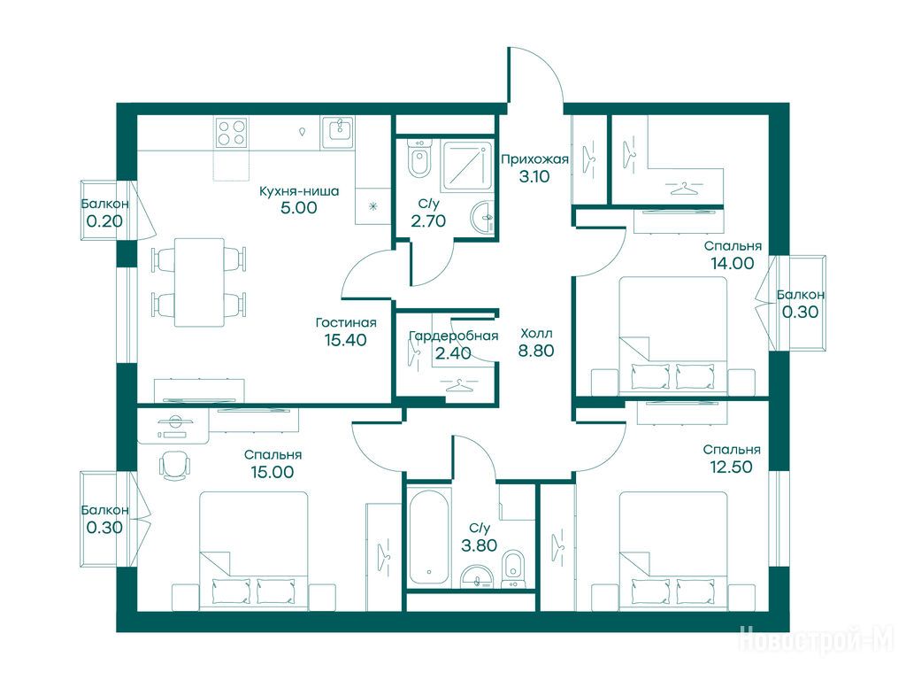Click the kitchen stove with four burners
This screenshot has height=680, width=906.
(232, 133)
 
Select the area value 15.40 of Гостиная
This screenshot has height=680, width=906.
(346, 340)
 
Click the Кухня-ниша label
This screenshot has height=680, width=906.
(299, 191)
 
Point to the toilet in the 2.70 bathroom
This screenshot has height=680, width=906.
(418, 158)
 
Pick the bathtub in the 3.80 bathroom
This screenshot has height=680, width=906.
(429, 536)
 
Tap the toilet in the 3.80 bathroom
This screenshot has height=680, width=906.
(512, 568)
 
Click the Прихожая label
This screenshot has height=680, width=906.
(534, 159)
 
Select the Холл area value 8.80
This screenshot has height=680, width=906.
(536, 351)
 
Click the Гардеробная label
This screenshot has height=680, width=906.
(453, 336)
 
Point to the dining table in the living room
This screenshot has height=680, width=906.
(199, 282)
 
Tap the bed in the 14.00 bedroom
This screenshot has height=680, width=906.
(673, 336)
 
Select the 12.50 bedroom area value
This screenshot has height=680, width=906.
(731, 467)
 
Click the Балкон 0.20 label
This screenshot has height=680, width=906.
(104, 212)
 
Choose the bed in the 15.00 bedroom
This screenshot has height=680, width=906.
(254, 551)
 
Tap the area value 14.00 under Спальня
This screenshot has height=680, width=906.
(732, 263)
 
